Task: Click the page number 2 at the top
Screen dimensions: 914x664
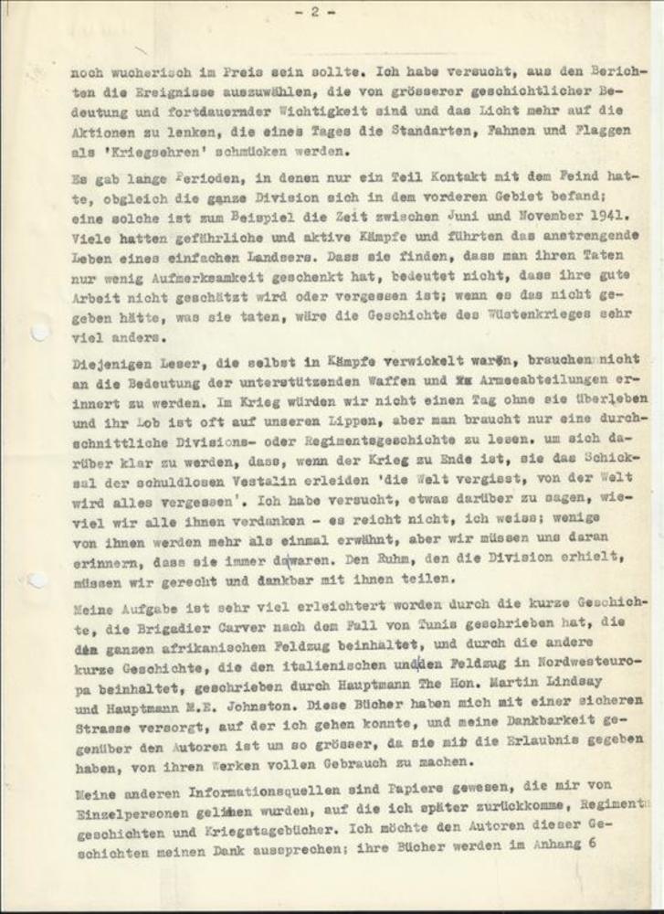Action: [313, 12]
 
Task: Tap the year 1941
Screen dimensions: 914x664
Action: [612, 214]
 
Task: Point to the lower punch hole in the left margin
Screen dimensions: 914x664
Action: [37, 579]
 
